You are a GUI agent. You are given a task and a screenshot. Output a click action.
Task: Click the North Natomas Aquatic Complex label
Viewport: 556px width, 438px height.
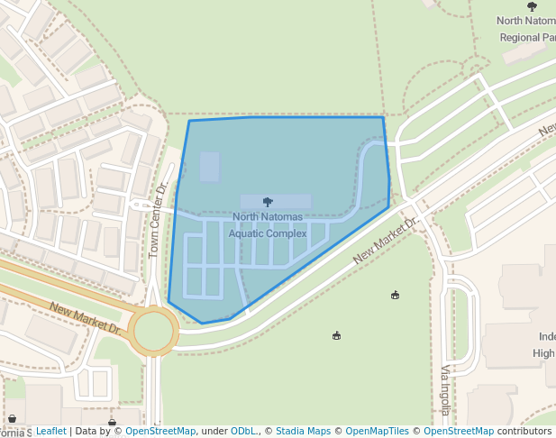click(268, 225)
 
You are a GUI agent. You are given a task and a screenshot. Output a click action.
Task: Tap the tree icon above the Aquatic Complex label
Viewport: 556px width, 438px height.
click(268, 202)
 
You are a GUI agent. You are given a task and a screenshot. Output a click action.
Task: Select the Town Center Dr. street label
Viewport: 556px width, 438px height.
click(158, 220)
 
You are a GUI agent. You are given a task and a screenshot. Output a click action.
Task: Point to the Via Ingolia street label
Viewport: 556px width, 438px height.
click(444, 390)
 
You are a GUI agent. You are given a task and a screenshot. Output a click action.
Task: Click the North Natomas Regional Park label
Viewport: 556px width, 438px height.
click(527, 29)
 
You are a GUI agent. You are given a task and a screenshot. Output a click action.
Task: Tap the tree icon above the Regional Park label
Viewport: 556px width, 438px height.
click(532, 6)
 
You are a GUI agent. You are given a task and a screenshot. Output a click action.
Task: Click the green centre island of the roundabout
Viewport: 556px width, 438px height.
click(153, 329)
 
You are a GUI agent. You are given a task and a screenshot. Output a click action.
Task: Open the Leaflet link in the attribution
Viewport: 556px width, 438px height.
click(50, 432)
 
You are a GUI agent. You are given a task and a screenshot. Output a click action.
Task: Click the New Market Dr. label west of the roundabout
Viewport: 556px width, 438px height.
click(86, 317)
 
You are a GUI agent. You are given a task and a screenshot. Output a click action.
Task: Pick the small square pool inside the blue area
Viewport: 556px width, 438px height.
click(209, 167)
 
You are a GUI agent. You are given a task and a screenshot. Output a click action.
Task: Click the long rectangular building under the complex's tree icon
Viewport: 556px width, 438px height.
click(276, 202)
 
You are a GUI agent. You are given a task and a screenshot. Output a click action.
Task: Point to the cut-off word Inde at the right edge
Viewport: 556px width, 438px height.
click(546, 336)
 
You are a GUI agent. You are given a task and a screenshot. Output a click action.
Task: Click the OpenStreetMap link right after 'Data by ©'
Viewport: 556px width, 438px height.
click(160, 432)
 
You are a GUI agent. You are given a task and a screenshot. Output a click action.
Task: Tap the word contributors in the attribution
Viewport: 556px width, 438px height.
click(524, 432)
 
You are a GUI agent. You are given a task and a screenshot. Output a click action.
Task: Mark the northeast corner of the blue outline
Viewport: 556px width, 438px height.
click(383, 117)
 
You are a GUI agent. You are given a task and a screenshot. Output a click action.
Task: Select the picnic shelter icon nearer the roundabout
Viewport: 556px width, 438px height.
click(337, 336)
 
